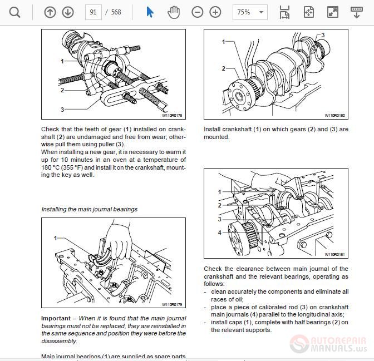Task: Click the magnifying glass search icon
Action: [15, 12]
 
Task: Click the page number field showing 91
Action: [92, 12]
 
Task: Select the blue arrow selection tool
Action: [150, 12]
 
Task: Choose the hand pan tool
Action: [174, 12]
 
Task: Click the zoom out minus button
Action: [198, 12]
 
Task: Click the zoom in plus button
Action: [215, 12]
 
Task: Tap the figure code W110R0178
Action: [172, 116]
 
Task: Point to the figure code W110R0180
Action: [334, 116]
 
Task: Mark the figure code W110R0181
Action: [334, 255]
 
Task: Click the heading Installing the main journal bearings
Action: [90, 209]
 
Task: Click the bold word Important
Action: [56, 318]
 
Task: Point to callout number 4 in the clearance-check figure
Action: [219, 233]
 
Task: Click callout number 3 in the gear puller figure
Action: [62, 110]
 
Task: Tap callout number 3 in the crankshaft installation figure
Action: [323, 35]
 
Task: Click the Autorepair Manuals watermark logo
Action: [328, 344]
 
